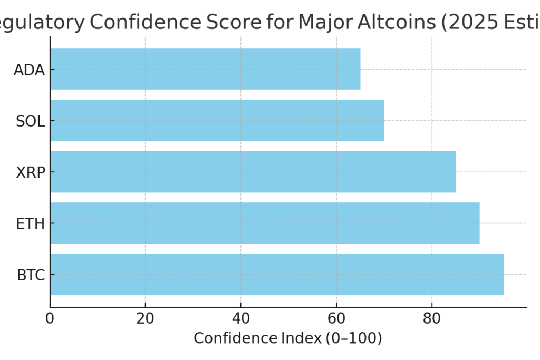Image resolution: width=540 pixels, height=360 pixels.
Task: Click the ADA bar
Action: [205, 69]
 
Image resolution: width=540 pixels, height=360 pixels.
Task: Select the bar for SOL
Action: [217, 120]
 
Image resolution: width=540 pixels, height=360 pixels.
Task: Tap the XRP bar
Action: [253, 172]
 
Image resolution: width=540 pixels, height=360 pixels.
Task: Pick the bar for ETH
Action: [265, 223]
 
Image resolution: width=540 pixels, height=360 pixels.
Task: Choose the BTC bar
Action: [277, 274]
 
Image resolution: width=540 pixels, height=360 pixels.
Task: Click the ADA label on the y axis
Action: [29, 70]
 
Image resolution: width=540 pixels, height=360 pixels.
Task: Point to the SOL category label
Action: [30, 121]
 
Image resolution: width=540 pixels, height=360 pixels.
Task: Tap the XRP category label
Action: [30, 172]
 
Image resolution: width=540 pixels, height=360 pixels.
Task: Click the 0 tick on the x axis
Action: [50, 319]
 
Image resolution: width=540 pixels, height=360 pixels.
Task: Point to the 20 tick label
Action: [145, 319]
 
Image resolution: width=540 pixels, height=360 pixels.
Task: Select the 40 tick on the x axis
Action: [240, 319]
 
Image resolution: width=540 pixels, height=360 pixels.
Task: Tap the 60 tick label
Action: [336, 319]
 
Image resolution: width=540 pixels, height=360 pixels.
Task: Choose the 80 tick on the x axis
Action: [431, 319]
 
